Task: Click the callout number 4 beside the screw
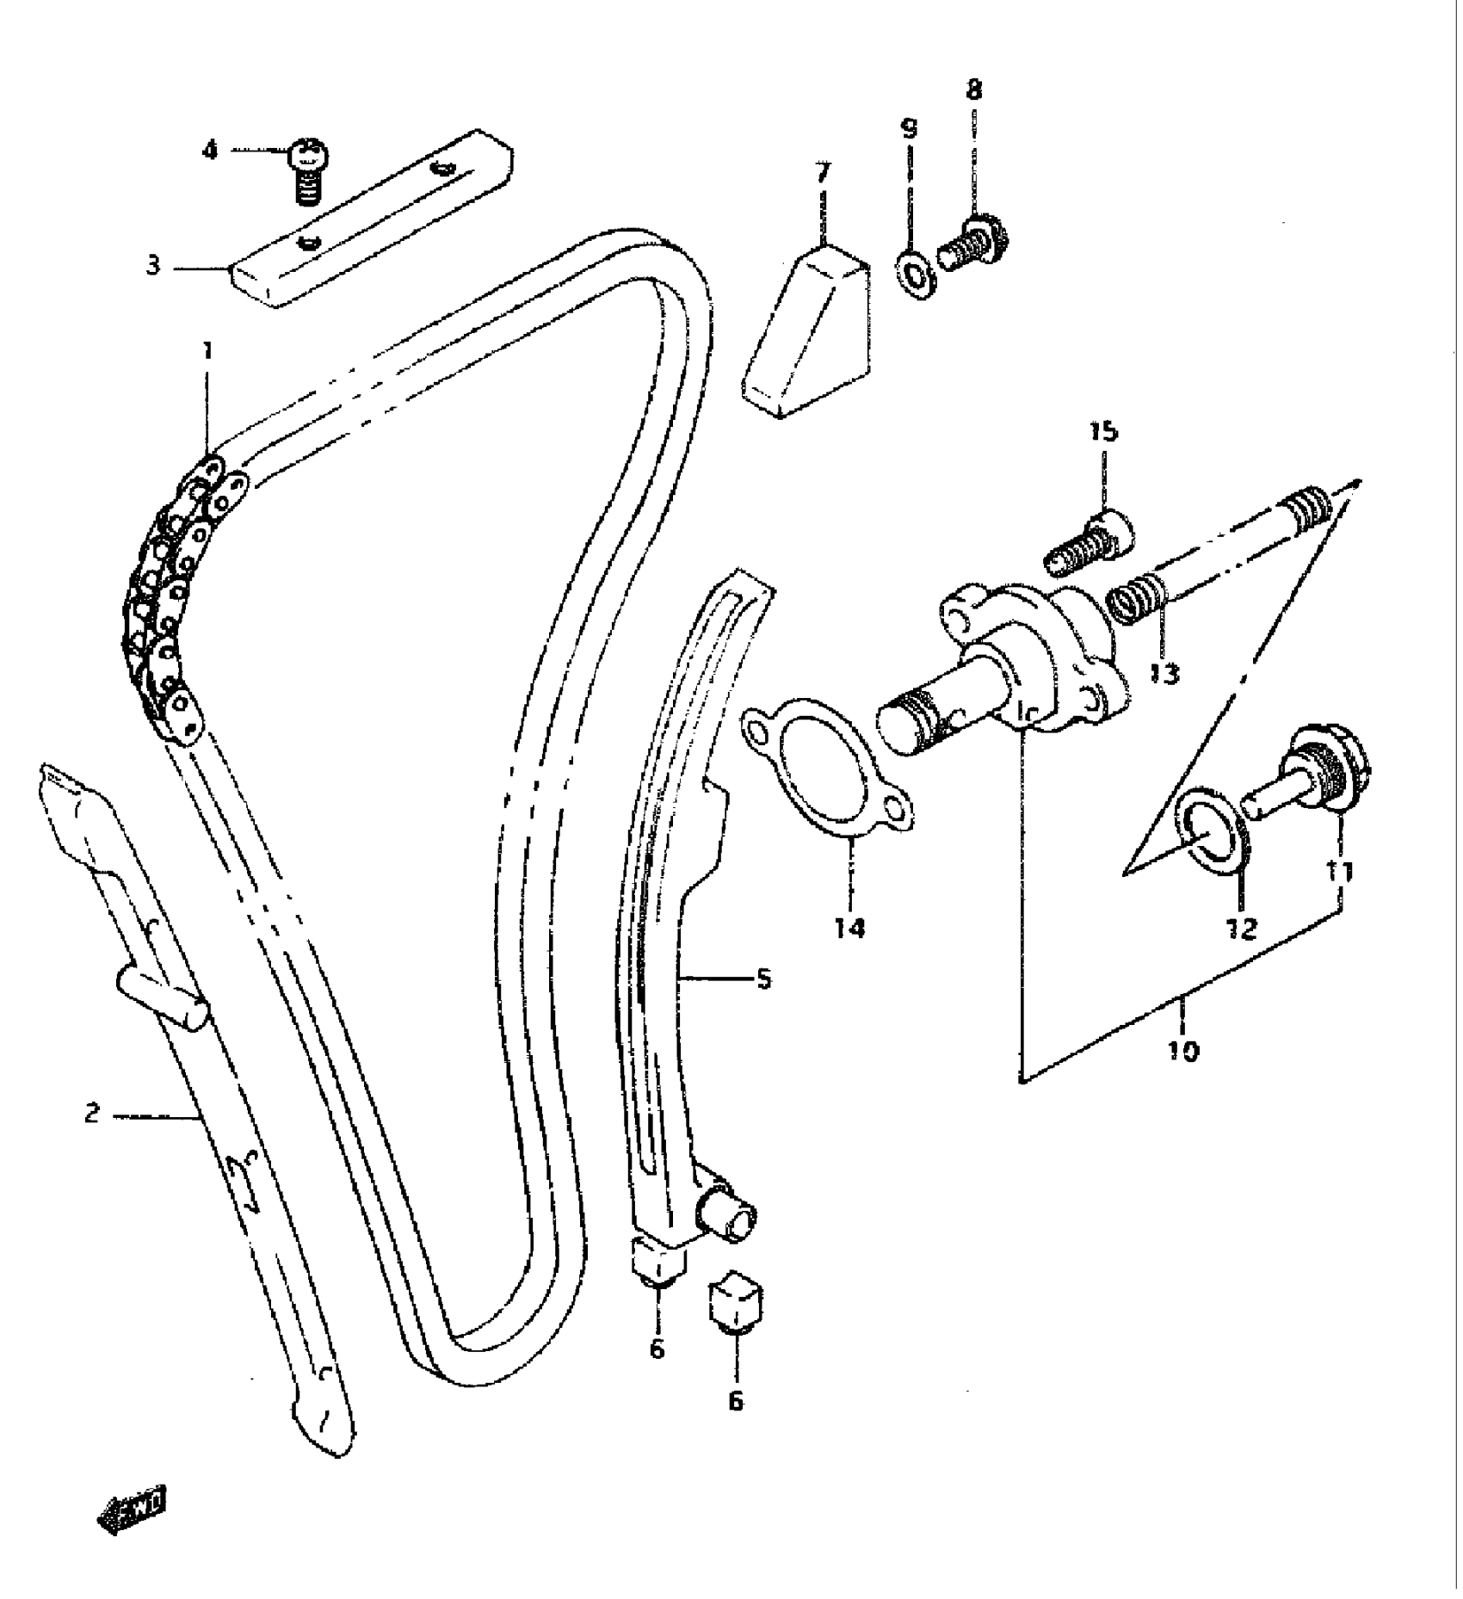[x=210, y=151]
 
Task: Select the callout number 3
[x=153, y=265]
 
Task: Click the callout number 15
[x=1103, y=431]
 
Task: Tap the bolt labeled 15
[x=1089, y=542]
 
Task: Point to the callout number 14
[x=850, y=928]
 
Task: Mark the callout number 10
[x=1183, y=1050]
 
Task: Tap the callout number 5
[x=763, y=979]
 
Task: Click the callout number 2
[x=92, y=1114]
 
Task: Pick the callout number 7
[x=824, y=173]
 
